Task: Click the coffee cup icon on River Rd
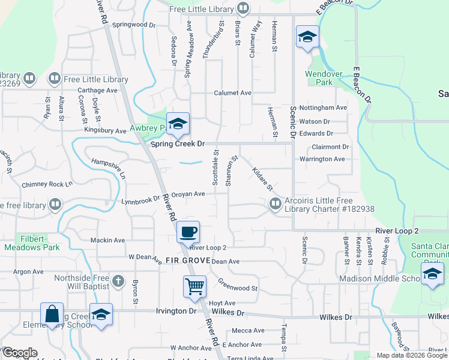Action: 188,231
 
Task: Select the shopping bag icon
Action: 52,314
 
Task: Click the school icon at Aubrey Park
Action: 178,124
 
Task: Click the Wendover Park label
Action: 324,78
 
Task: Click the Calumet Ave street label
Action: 233,93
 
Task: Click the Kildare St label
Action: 263,179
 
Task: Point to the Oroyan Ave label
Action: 188,194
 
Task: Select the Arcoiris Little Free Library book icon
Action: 276,205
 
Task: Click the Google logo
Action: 19,353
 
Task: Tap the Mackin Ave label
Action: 107,240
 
